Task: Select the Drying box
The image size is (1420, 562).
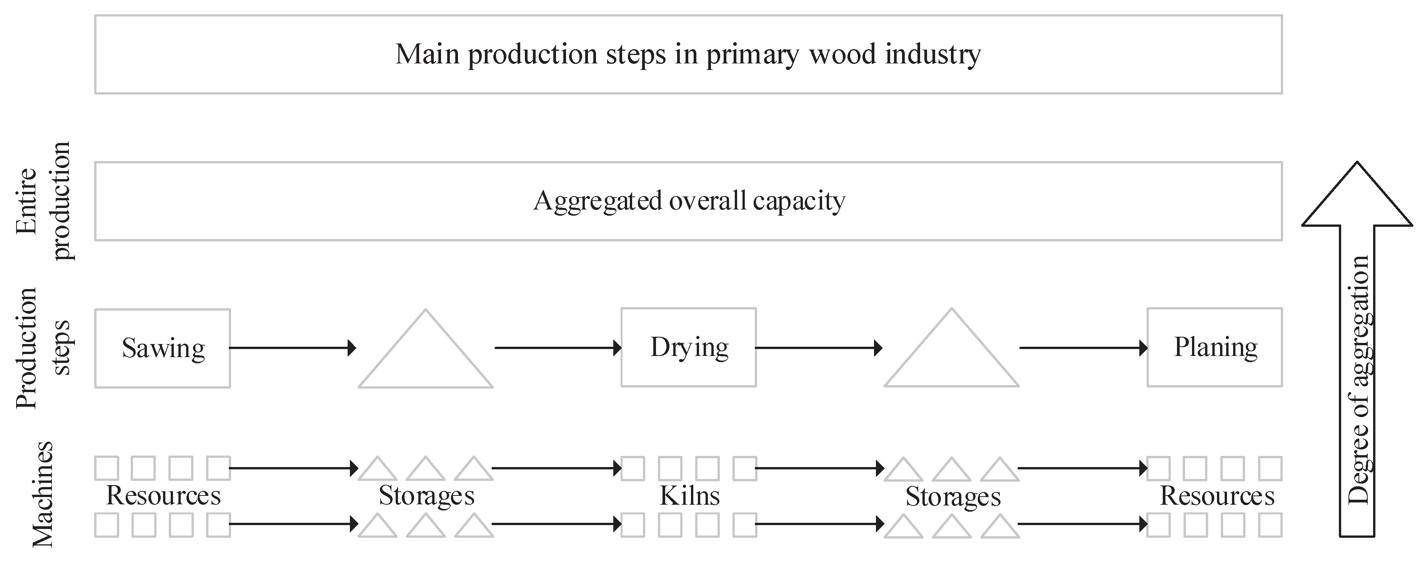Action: click(x=689, y=347)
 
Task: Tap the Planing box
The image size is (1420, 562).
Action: click(x=1215, y=347)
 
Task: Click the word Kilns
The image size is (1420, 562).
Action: click(x=689, y=496)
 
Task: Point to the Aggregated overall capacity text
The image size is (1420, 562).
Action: click(x=689, y=201)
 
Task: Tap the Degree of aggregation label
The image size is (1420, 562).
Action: click(x=1359, y=380)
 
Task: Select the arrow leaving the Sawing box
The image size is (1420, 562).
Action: click(x=292, y=348)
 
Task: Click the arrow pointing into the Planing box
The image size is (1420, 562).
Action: click(x=1083, y=348)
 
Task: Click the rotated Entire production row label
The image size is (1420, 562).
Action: click(x=43, y=201)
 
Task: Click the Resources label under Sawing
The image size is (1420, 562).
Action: click(x=163, y=495)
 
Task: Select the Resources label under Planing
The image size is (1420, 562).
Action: click(x=1217, y=496)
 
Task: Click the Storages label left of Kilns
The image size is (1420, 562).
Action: click(x=426, y=496)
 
